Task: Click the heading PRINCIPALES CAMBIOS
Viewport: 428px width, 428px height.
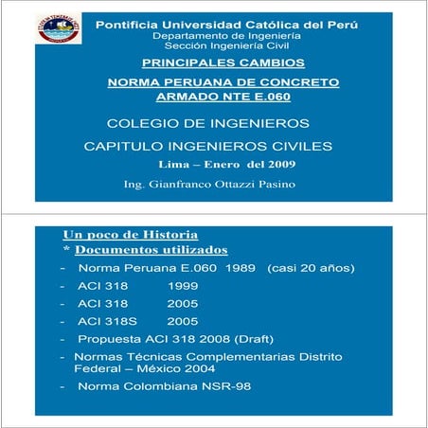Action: coord(223,62)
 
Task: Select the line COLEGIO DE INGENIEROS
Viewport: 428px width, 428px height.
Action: coord(208,123)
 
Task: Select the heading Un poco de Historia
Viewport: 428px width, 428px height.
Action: coord(130,234)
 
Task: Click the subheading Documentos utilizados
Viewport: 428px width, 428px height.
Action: coord(151,250)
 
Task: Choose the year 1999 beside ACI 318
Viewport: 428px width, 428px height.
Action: coord(183,286)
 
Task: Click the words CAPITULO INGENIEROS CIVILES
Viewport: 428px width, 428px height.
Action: coord(208,147)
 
